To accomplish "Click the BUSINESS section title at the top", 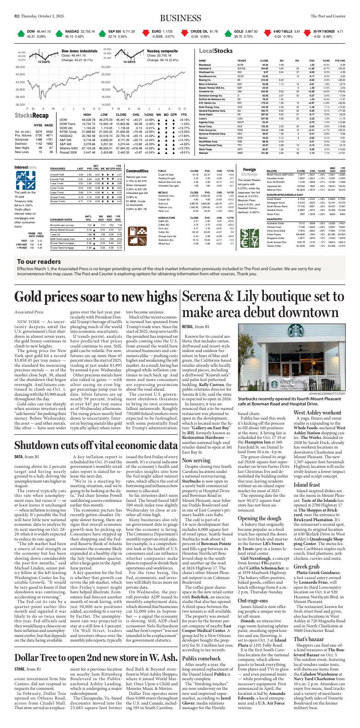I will tap(180, 17).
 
